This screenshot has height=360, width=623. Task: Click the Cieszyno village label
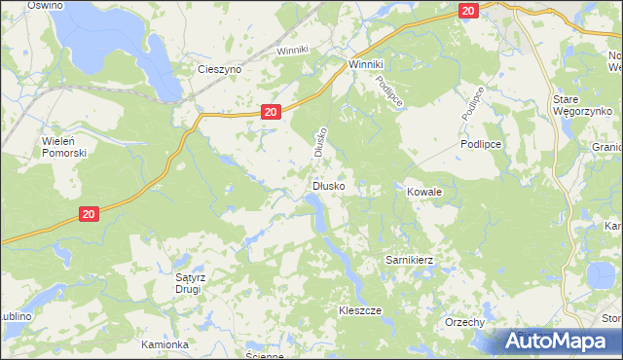point(219,70)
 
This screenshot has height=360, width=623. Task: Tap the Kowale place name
point(424,193)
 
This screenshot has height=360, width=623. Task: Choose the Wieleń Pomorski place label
point(65,147)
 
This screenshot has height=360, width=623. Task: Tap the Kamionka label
point(163,344)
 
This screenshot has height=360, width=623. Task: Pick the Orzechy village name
point(464,322)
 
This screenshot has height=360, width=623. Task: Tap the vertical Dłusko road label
point(318,142)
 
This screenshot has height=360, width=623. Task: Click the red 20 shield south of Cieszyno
point(272,112)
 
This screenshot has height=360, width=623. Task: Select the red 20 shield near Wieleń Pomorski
point(88,214)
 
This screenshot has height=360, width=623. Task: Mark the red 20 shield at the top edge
point(469,11)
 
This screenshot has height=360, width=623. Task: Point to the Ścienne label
point(264,356)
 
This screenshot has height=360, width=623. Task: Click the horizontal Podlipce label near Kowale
point(480,143)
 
